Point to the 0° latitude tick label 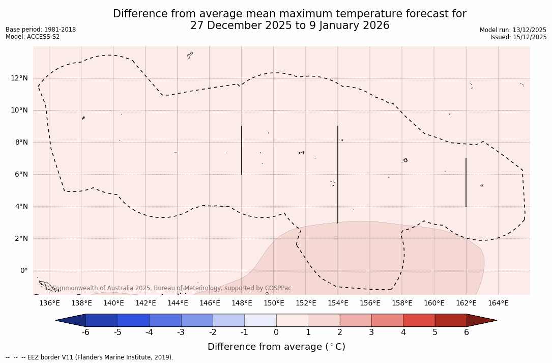[23, 271]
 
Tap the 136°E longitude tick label [49, 303]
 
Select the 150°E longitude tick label [274, 303]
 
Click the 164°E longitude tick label [498, 303]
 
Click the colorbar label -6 [85, 332]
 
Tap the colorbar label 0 [276, 332]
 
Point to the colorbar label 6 [467, 332]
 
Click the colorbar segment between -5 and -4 [133, 320]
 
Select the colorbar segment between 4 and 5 [419, 320]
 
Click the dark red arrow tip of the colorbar [483, 320]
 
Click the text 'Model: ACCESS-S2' [33, 37]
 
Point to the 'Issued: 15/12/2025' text [518, 37]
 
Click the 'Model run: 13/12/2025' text [513, 30]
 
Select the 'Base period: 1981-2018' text [41, 30]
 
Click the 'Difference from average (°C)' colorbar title [276, 347]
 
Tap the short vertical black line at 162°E [466, 182]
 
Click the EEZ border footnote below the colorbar [90, 357]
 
